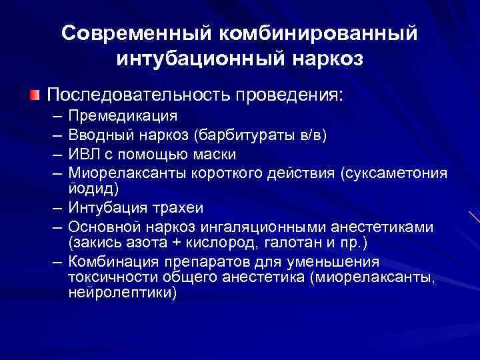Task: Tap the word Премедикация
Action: pos(123,116)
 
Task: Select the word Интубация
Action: pos(107,208)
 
